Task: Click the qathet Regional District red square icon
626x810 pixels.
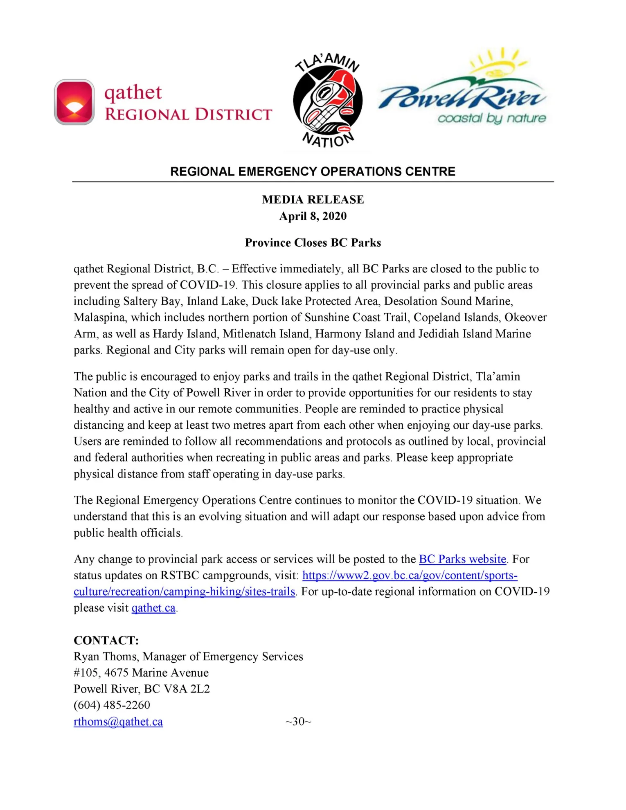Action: [74, 102]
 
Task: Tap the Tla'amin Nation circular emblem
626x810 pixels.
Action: [327, 100]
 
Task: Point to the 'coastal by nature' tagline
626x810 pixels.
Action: [491, 119]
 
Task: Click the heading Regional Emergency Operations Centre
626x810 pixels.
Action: [313, 171]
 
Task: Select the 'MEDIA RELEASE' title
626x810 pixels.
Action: [313, 200]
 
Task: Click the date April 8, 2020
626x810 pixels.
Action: [313, 216]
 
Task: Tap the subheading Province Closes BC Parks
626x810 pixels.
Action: [313, 243]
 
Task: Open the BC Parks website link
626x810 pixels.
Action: [462, 559]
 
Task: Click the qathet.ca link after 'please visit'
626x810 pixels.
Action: [153, 608]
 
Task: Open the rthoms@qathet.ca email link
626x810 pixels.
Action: [118, 722]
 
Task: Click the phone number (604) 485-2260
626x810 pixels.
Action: [112, 705]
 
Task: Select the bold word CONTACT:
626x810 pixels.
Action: [106, 641]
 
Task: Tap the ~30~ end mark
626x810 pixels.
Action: [298, 722]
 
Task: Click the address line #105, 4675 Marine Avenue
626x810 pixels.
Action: [141, 673]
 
